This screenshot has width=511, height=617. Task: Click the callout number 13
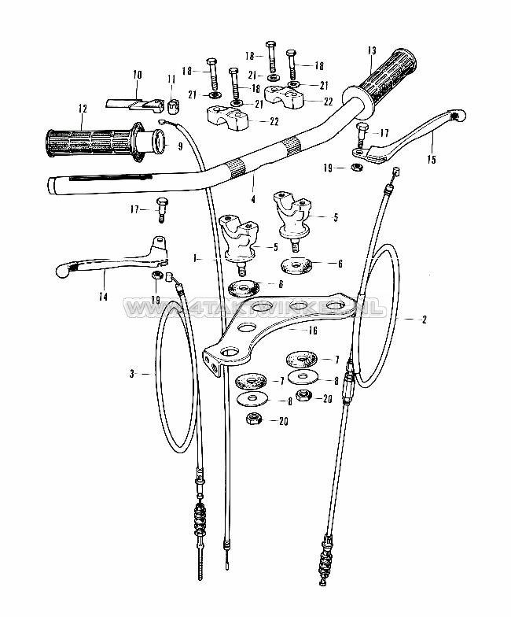(x=372, y=51)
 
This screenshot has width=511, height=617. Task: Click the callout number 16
(x=313, y=331)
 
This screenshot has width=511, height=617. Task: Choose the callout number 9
(x=179, y=146)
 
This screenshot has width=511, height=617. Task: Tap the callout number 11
(x=171, y=77)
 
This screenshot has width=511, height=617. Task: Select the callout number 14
(x=102, y=297)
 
